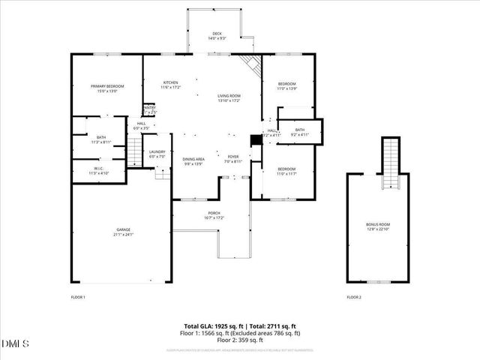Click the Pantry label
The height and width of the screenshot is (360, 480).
point(149,110)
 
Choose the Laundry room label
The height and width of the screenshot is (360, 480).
point(157,154)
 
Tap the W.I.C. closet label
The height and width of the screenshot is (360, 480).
point(99,170)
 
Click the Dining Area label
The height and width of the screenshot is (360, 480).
point(193,161)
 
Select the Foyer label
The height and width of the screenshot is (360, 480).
point(233,159)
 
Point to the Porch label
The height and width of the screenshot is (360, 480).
point(215,215)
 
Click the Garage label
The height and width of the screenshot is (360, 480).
point(123,232)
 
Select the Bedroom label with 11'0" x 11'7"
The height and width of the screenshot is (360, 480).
point(287,171)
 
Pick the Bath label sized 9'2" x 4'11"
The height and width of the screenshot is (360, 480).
point(299,132)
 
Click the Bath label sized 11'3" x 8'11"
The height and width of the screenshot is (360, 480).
point(100,139)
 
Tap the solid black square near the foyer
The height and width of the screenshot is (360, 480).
point(256,139)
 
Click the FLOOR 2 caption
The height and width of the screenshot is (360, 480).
point(354,298)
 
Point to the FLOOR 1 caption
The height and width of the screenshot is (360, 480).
point(78,298)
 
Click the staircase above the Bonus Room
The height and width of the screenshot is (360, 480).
point(390,163)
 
